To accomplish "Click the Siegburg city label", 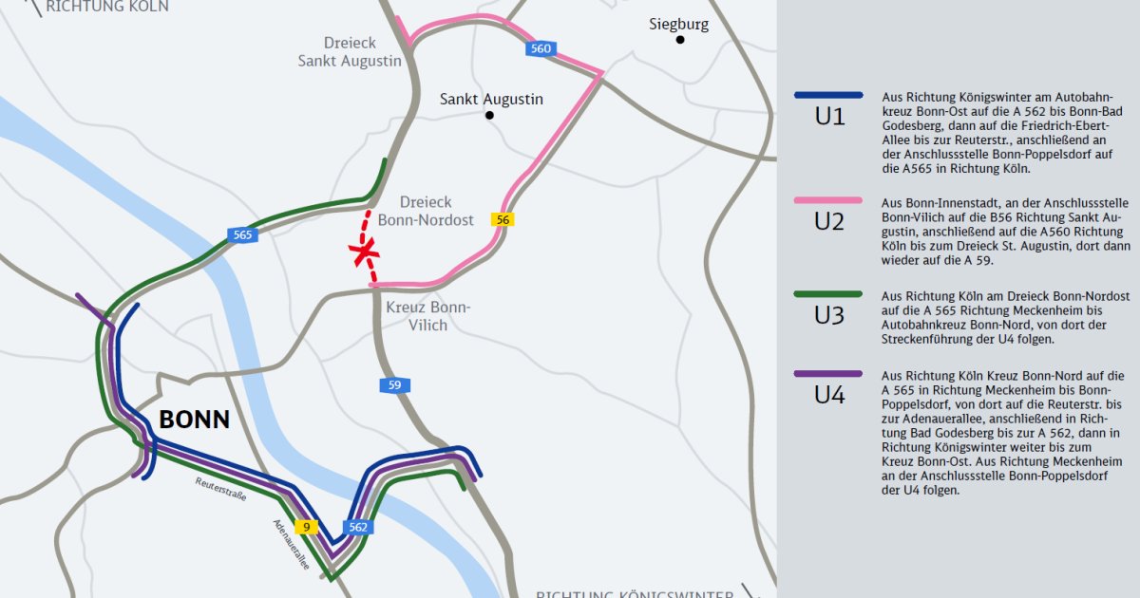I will [x=678, y=25].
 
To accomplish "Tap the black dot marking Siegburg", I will [x=680, y=41].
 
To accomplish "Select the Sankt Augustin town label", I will [x=491, y=99].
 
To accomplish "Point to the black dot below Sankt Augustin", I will [x=490, y=115].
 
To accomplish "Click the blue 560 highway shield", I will [x=541, y=49].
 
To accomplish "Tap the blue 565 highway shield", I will [x=242, y=234].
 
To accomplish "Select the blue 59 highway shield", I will [x=394, y=384].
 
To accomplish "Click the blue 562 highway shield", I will [x=358, y=527].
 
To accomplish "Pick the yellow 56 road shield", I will [x=503, y=219].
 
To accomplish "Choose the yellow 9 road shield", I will [x=306, y=527].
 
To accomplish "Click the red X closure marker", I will [x=363, y=252].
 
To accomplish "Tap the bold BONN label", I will [x=194, y=420].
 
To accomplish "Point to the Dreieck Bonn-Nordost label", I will [x=425, y=212].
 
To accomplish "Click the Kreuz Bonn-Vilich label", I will [x=428, y=316].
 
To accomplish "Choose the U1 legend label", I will [x=829, y=118].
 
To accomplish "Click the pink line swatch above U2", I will [x=828, y=201].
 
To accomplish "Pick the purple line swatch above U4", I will [x=828, y=374].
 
